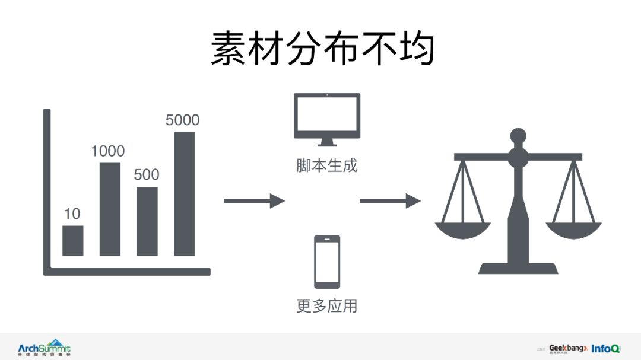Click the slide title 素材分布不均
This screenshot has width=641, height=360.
coord(322,48)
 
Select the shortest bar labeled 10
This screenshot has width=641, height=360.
coord(72,240)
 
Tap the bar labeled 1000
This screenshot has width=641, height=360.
coord(110,209)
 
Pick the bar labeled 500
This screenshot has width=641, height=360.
coord(147,221)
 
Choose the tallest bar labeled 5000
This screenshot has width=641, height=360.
coord(184,194)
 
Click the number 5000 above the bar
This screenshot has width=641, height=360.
coord(182,120)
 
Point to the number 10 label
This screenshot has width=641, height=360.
coord(72,214)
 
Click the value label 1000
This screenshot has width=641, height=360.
coord(107,151)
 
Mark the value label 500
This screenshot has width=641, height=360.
coord(146,175)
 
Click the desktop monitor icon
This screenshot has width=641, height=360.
coord(327,118)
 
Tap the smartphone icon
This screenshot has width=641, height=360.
coord(327,262)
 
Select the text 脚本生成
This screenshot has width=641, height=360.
coord(327,165)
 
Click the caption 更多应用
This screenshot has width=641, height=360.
coord(327,306)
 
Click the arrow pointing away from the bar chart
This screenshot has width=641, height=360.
coord(254,201)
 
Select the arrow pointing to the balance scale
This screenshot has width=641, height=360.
coord(390,201)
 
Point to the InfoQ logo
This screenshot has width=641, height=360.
coord(605,348)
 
